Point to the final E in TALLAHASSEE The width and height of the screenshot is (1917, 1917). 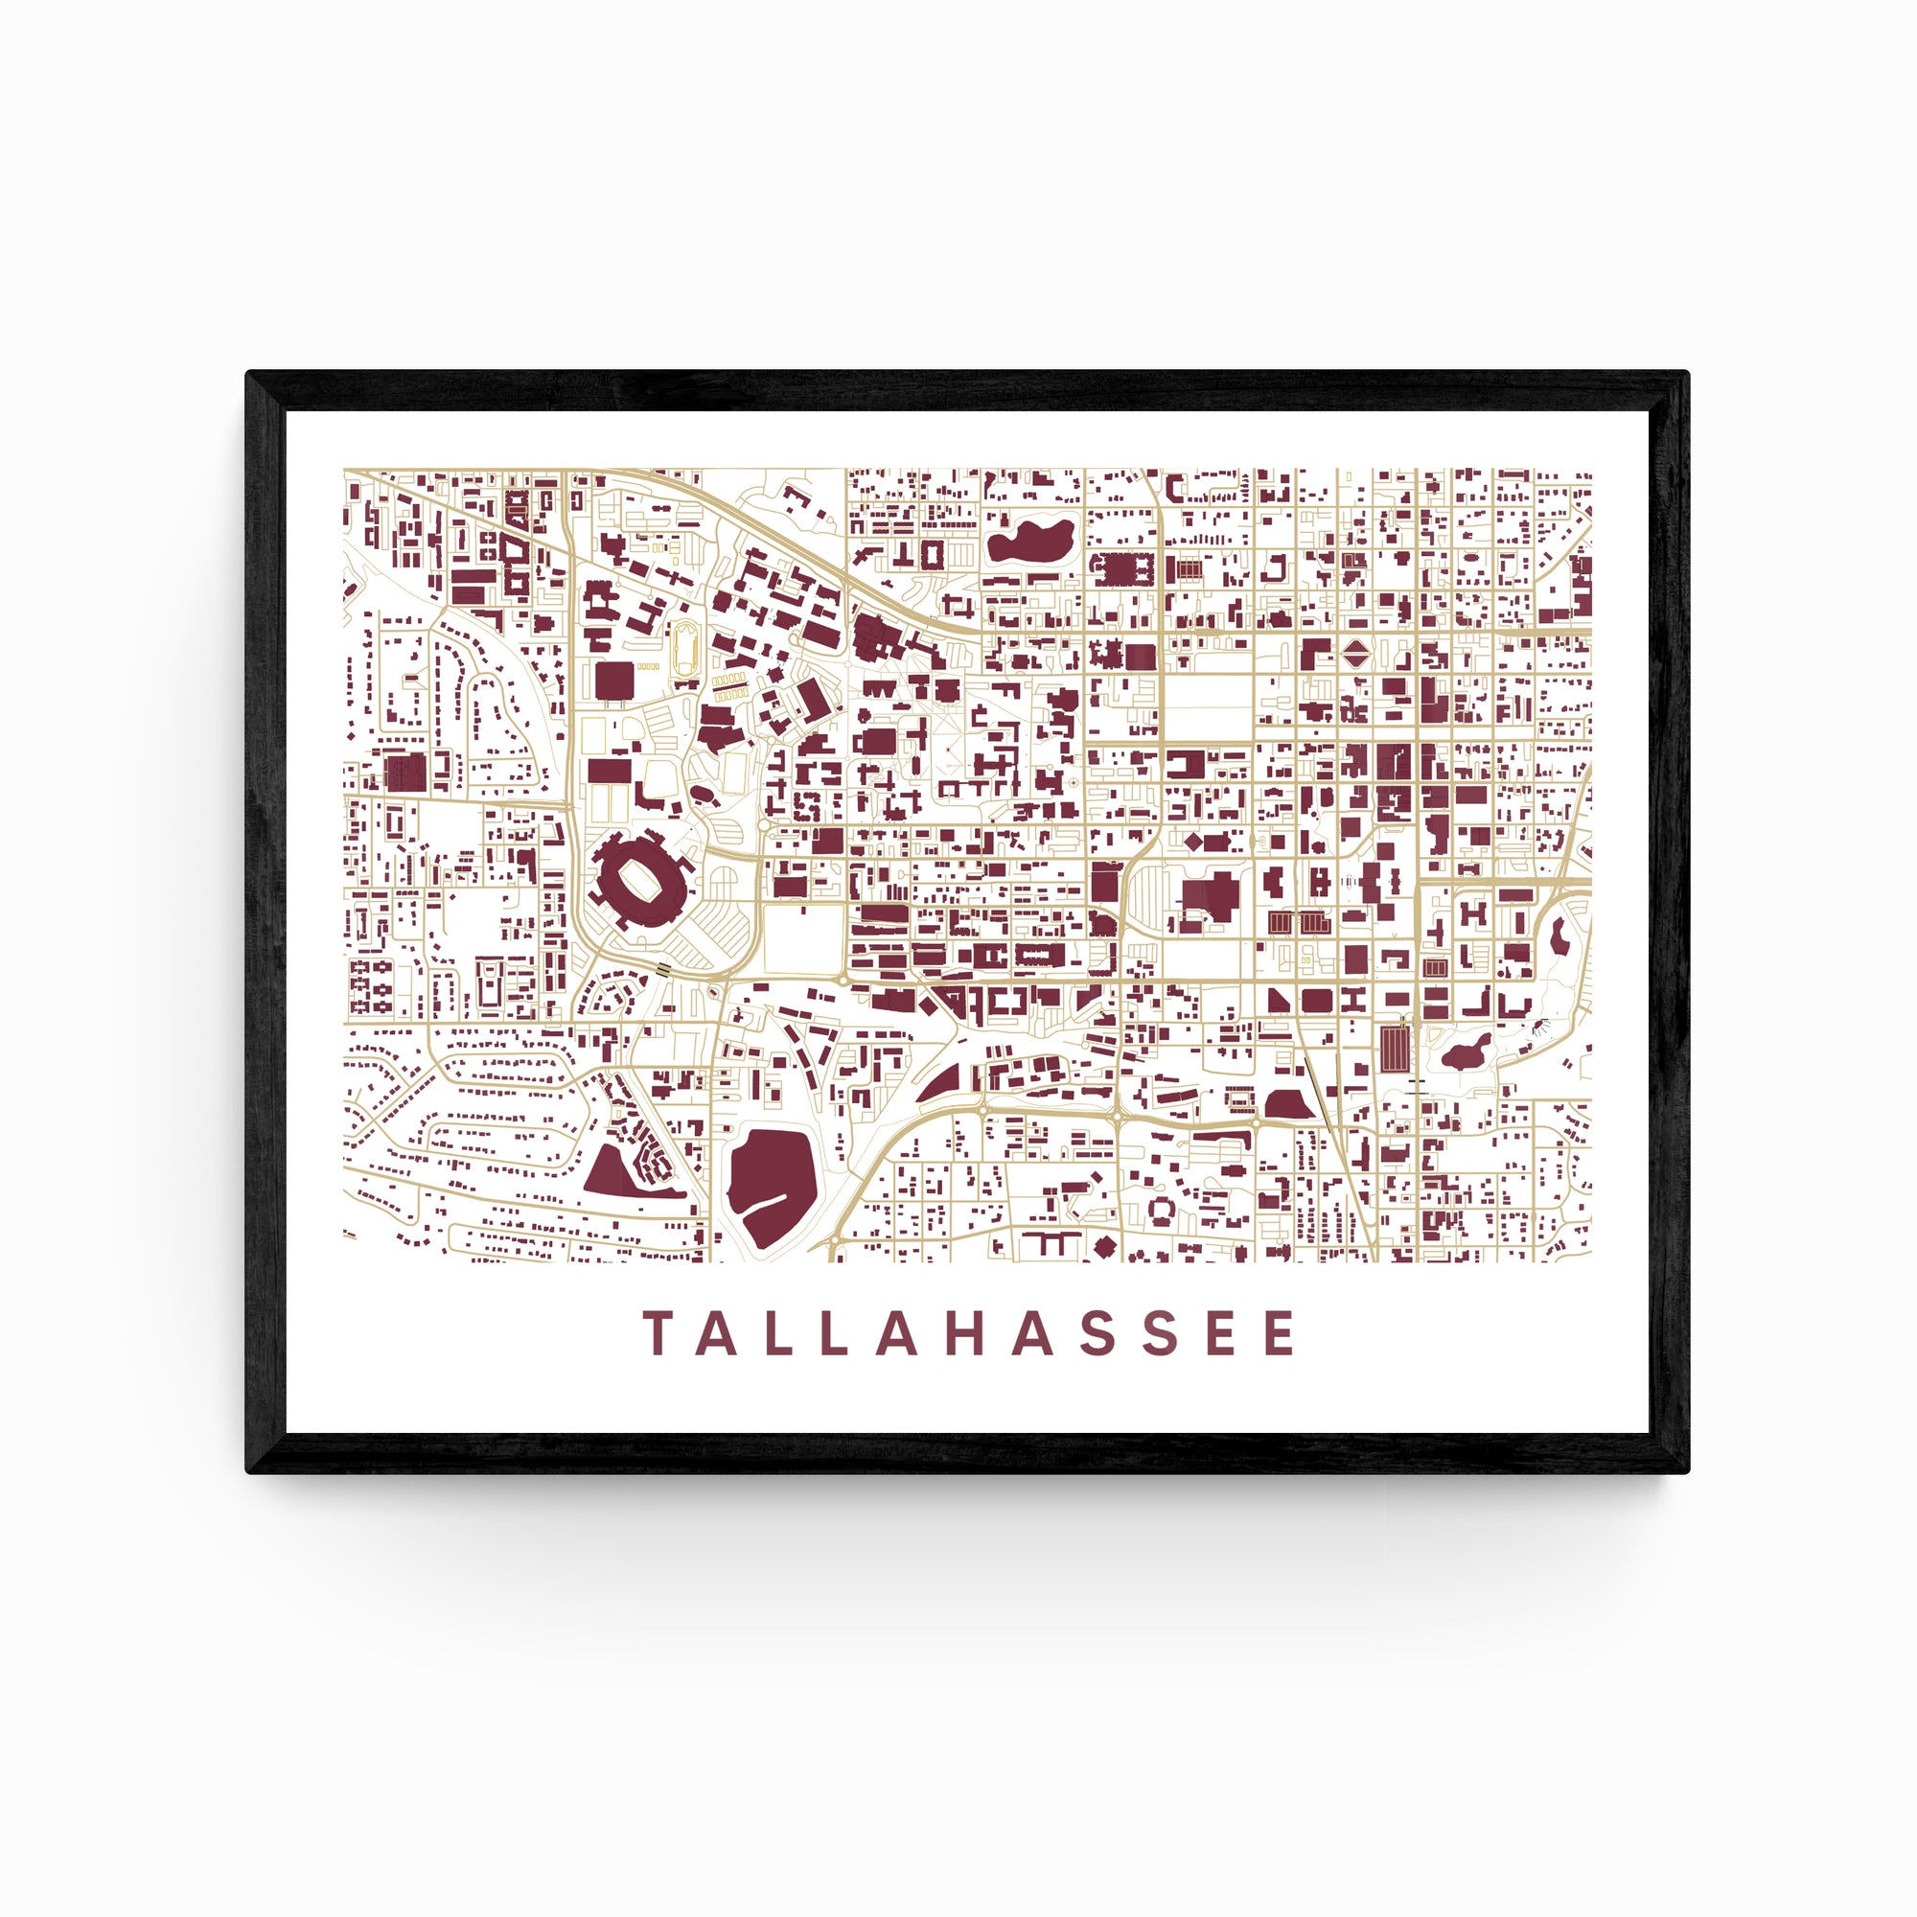click(x=1281, y=1332)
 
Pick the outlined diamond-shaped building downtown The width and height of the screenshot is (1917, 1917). click(x=1355, y=654)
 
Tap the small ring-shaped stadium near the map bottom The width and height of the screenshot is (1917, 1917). click(x=1160, y=1210)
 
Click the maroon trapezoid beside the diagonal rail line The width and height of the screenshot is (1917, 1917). click(x=1287, y=1102)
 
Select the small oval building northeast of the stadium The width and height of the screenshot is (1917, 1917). click(x=702, y=793)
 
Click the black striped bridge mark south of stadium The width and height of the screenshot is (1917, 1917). click(x=663, y=969)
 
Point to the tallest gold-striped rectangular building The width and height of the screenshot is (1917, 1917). click(x=1394, y=1049)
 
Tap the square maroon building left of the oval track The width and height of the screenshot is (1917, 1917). click(x=614, y=681)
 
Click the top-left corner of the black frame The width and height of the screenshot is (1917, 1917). click(x=248, y=373)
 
